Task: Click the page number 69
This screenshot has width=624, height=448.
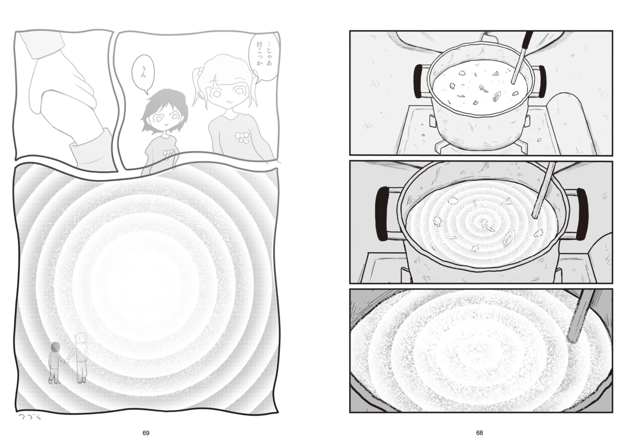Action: click(x=146, y=433)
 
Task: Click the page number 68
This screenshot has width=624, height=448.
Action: click(x=479, y=433)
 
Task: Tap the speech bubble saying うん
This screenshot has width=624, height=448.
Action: click(x=142, y=74)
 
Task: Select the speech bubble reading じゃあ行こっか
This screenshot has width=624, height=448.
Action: click(x=264, y=58)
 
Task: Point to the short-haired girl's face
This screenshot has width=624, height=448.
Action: click(x=164, y=119)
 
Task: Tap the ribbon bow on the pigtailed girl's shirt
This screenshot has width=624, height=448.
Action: click(x=241, y=137)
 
